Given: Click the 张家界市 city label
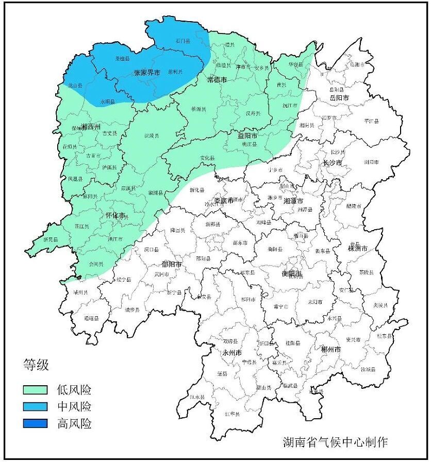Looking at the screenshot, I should tap(147, 73).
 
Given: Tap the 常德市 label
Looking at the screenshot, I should tap(217, 79).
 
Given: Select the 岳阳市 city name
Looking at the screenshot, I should tap(339, 97).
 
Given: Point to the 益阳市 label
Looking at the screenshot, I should tap(247, 136).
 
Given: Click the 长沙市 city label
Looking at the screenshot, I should tap(333, 163).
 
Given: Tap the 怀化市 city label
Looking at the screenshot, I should tap(115, 215).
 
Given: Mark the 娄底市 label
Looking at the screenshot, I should tap(224, 200).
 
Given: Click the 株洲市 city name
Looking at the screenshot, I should tap(357, 248).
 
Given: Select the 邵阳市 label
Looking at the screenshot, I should tap(171, 264).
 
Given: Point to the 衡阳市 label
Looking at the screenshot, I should tap(292, 272).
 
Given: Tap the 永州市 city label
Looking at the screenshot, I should tap(231, 353).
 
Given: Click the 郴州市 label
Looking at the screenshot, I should tap(330, 349).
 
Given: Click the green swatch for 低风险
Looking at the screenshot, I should tap(35, 389).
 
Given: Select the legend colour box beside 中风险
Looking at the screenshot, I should tap(35, 406).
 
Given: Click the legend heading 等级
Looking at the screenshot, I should tap(36, 365).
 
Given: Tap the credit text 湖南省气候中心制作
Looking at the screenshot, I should tap(335, 441).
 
